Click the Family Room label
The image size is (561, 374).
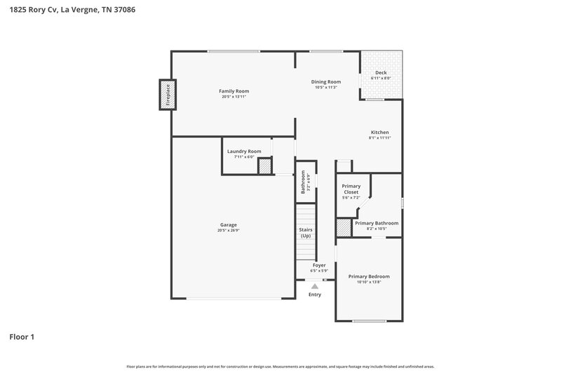(x=234, y=91)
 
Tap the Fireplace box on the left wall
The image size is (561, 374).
(x=168, y=95)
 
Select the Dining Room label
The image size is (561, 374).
(x=326, y=82)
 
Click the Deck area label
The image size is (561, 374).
(x=380, y=73)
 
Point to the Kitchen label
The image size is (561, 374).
(x=379, y=133)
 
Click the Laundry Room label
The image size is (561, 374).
(x=244, y=151)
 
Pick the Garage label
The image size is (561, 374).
(x=228, y=225)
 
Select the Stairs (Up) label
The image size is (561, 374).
(x=306, y=232)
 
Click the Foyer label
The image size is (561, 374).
(x=319, y=265)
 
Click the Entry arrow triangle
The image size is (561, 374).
(x=315, y=286)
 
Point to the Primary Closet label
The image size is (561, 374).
(x=351, y=189)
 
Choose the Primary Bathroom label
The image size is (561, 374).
(x=381, y=223)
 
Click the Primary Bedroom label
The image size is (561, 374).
(x=369, y=276)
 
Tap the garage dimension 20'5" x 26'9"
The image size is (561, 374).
(x=228, y=230)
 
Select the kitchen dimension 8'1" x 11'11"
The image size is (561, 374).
(x=379, y=138)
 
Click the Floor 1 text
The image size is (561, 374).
(x=22, y=337)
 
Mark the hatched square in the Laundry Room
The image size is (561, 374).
(x=264, y=167)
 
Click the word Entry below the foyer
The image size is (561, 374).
(x=315, y=294)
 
